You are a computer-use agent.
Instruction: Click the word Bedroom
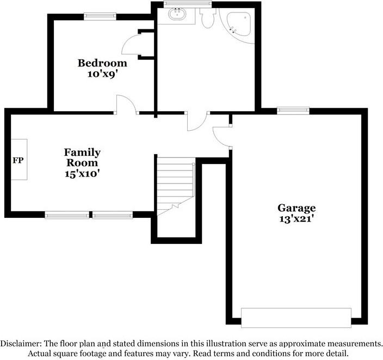click(x=102, y=63)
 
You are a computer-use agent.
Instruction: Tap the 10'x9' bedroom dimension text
click(x=101, y=74)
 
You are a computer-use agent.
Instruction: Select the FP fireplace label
click(x=18, y=161)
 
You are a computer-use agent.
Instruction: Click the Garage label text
click(x=296, y=209)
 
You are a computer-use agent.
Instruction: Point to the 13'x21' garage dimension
click(x=296, y=219)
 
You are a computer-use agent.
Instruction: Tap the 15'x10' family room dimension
click(x=82, y=174)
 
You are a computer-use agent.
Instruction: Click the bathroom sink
click(x=177, y=14)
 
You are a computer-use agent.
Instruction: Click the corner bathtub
click(x=239, y=24)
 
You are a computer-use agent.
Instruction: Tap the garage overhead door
click(x=296, y=318)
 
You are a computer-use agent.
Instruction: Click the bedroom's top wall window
click(x=100, y=16)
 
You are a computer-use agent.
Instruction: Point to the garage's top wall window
click(x=293, y=111)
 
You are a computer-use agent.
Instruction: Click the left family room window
click(x=67, y=215)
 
